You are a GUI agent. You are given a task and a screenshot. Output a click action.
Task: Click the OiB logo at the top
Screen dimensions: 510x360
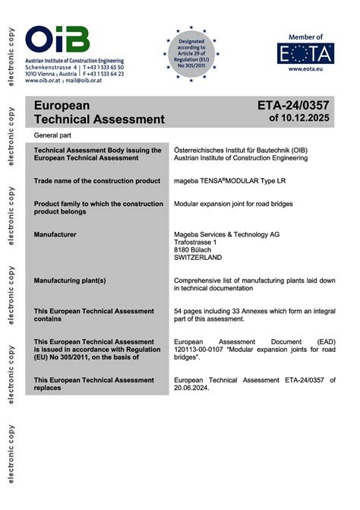click(57, 40)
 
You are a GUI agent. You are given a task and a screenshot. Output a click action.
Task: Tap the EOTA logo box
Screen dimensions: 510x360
click(305, 53)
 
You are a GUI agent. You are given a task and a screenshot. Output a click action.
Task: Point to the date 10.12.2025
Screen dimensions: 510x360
click(308, 119)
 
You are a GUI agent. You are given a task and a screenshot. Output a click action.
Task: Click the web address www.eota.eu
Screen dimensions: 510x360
click(306, 70)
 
